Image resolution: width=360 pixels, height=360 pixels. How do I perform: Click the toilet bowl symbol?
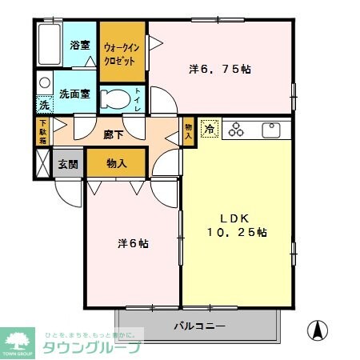click(119, 99)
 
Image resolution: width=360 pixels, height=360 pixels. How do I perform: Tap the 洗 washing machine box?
click(44, 105)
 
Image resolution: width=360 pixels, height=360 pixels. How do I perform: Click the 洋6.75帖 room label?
click(219, 70)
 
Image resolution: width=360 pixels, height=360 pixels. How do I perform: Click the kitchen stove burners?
click(239, 129)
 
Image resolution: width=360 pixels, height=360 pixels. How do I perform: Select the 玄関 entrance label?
click(67, 164)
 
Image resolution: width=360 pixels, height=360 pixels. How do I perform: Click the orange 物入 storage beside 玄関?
click(117, 163)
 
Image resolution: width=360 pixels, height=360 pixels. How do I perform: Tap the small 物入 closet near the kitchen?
click(189, 131)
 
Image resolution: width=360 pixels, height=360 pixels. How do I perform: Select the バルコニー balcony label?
click(199, 326)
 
